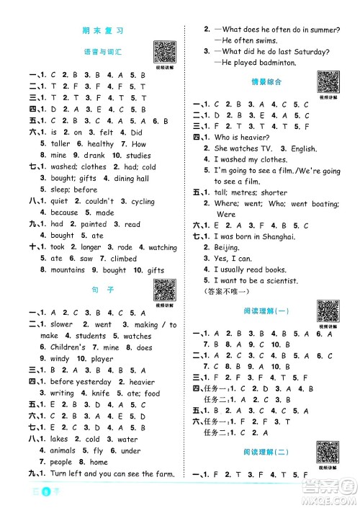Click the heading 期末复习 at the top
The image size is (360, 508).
coord(104,31)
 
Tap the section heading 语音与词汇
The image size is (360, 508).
coord(104,53)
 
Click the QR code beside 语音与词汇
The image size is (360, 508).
coord(165,51)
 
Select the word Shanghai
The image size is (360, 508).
coord(276,236)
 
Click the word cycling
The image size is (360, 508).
coord(143,201)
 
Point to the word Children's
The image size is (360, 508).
coord(68,347)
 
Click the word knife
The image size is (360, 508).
coord(100,393)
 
